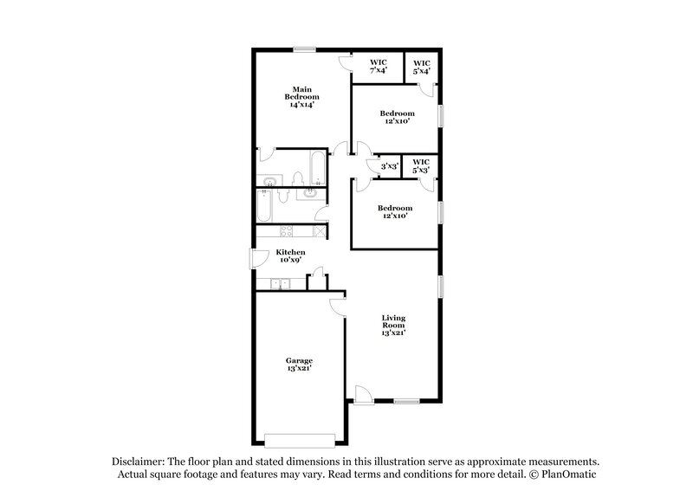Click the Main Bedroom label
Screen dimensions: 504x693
[301, 96]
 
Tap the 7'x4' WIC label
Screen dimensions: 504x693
[379, 67]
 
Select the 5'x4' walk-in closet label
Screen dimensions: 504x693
[422, 67]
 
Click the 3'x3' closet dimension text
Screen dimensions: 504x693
[389, 166]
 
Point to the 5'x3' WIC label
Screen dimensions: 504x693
[421, 165]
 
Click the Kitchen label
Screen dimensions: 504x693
[290, 255]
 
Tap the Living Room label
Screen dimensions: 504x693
[393, 325]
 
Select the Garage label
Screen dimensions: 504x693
[299, 364]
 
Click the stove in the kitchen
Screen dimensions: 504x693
[285, 231]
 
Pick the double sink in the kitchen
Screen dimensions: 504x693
[281, 283]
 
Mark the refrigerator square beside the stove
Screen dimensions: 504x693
[319, 231]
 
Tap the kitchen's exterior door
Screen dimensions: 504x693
[259, 257]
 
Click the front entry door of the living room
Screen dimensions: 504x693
[364, 394]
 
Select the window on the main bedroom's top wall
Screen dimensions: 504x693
[303, 49]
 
